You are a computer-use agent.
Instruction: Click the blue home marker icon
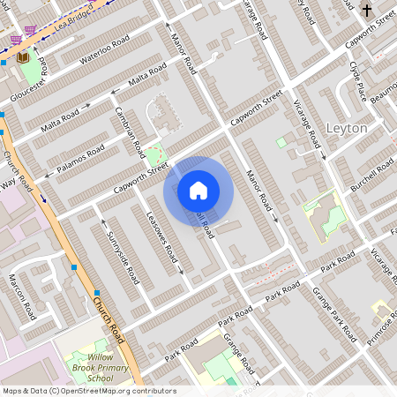[x=198, y=191]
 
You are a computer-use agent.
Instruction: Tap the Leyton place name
[x=347, y=128]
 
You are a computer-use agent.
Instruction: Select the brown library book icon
[x=23, y=57]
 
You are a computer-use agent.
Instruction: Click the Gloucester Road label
[x=28, y=83]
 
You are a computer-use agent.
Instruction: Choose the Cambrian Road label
[x=130, y=131]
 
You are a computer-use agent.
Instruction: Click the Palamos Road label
[x=77, y=157]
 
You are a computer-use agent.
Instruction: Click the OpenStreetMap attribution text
[x=89, y=391]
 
